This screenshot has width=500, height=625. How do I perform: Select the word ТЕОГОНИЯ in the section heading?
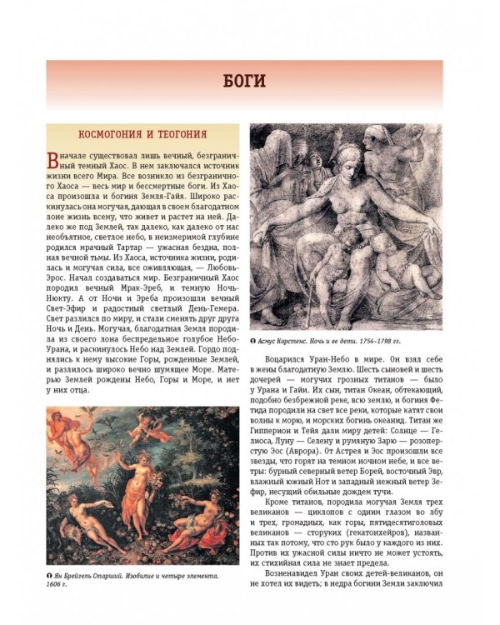click(x=183, y=133)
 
